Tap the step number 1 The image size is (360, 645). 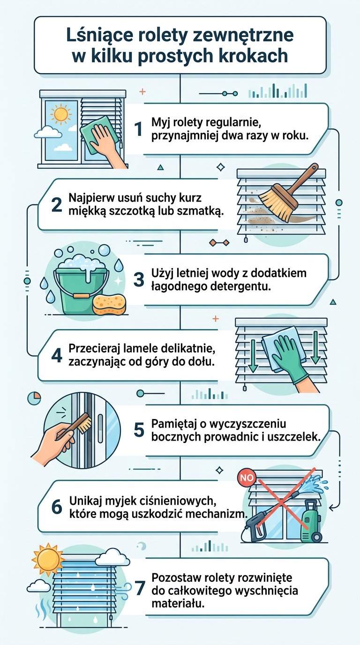(x=138, y=129)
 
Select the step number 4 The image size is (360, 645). (x=57, y=355)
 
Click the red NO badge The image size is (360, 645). (x=245, y=478)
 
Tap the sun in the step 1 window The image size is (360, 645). (x=60, y=114)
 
